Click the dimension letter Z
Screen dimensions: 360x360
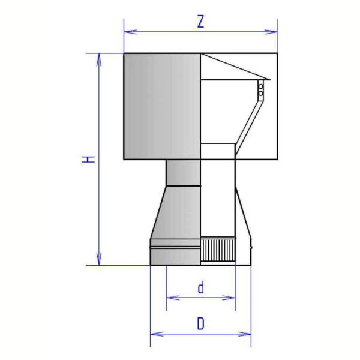[201, 22]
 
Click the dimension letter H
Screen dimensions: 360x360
[88, 159]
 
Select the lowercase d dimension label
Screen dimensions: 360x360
[201, 288]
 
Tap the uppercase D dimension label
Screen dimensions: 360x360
[200, 324]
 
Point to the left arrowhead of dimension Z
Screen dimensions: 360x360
[130, 32]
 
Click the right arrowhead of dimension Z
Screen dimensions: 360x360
[271, 32]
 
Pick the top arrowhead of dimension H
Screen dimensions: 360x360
[99, 60]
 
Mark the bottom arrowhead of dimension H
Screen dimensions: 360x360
[99, 259]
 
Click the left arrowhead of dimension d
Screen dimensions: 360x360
[173, 298]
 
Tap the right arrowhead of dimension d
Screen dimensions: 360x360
[229, 298]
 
